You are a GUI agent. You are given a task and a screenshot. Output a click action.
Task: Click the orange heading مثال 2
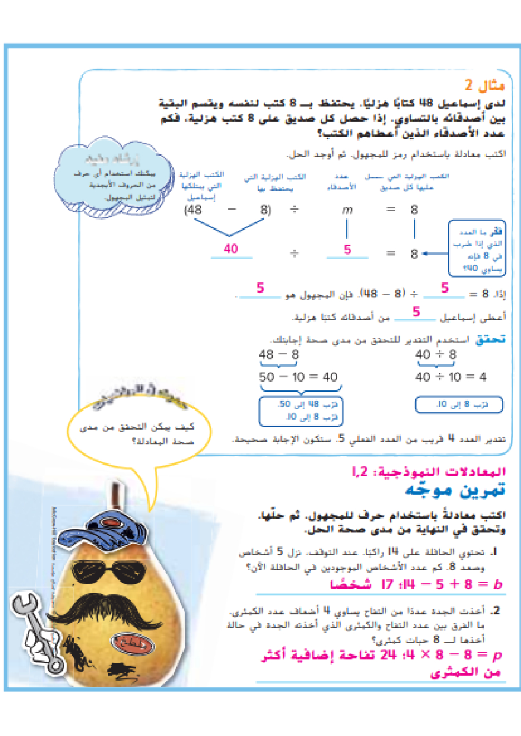484,86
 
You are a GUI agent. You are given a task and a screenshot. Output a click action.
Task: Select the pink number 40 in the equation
231,249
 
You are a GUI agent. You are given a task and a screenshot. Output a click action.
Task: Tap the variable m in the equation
347,210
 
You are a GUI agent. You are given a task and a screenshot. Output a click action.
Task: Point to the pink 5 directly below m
347,250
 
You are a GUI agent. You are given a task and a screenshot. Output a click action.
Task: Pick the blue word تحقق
490,339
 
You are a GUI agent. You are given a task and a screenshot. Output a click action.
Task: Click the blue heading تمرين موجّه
455,490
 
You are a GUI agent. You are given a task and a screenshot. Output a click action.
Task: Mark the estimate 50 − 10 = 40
298,377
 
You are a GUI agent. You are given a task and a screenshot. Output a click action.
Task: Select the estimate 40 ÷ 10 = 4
451,377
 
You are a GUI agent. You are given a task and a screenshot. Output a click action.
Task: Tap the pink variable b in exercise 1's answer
498,584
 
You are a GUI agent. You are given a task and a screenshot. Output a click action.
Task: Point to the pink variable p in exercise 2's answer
497,655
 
